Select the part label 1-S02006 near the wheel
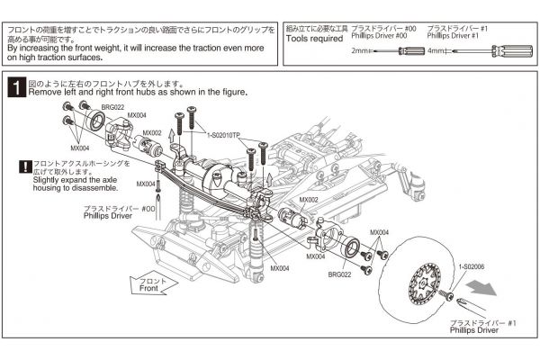[472, 266]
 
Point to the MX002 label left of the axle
[151, 132]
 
